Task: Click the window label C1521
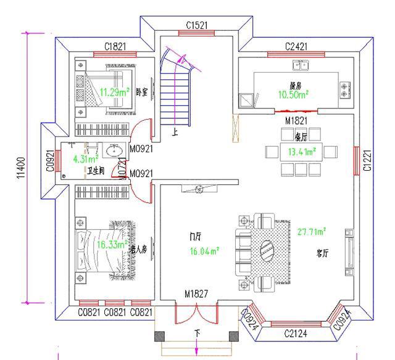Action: click(197, 25)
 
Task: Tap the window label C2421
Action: click(297, 47)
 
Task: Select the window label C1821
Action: click(115, 46)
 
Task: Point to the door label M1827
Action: click(197, 294)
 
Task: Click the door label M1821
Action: click(297, 119)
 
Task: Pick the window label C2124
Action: click(296, 334)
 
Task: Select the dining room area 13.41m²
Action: click(299, 150)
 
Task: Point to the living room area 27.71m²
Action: click(312, 232)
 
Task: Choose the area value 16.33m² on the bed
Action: click(111, 245)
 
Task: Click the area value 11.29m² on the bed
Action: click(114, 92)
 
